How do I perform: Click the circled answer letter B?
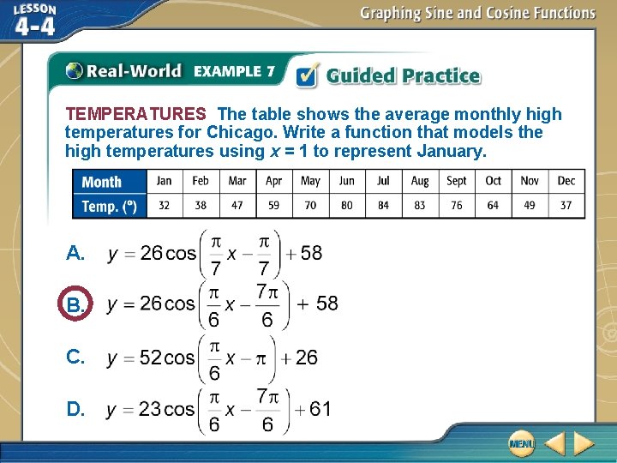point(75,304)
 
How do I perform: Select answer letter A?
point(75,253)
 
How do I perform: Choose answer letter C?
point(75,358)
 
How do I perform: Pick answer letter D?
point(75,409)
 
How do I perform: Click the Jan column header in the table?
point(164,181)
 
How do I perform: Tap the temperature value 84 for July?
point(383,206)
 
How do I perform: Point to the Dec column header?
point(566,181)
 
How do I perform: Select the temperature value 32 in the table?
point(164,206)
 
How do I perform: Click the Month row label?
point(102,182)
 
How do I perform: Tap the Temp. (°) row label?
point(109,206)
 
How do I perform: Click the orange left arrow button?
point(554,443)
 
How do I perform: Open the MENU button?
point(521,443)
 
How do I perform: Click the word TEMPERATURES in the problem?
point(135,114)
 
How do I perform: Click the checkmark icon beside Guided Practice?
point(307,75)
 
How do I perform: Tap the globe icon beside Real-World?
point(75,72)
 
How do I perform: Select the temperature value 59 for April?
point(273,206)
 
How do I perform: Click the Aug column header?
point(420,181)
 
